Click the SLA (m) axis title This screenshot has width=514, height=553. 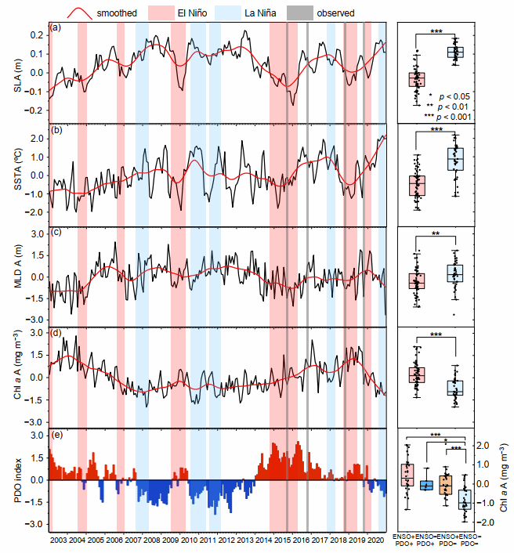17,73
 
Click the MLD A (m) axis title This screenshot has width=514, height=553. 17,276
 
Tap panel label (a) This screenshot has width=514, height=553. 56,28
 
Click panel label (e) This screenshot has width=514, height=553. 56,433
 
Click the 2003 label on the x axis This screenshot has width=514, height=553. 59,541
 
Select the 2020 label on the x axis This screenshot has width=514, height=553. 375,541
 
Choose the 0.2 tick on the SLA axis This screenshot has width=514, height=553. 35,36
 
